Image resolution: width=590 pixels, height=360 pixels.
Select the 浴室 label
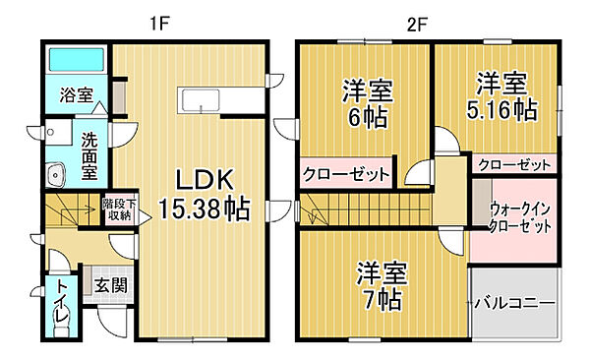click(x=76, y=96)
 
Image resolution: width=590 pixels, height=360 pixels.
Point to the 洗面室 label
click(x=90, y=156)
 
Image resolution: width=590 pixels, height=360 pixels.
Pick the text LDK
click(x=205, y=180)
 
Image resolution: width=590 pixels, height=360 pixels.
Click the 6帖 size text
click(x=368, y=116)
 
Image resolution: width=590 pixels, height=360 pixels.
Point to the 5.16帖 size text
click(x=501, y=109)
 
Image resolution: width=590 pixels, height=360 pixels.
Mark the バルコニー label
click(x=515, y=302)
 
